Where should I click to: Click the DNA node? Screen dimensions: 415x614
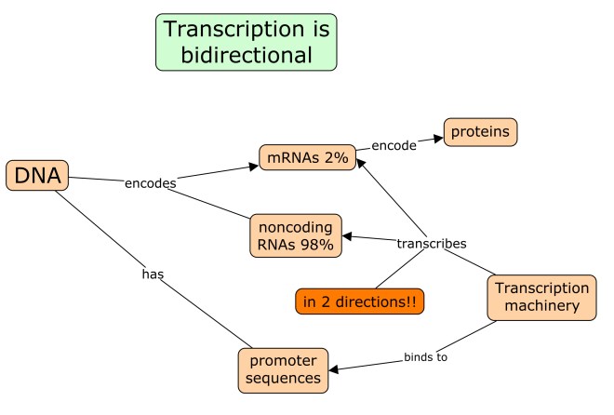(37, 175)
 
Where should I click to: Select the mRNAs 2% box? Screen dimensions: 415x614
(307, 157)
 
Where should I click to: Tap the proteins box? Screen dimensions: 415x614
(480, 132)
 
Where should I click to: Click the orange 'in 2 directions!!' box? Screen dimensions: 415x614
(359, 301)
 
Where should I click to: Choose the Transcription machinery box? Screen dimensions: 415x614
(541, 298)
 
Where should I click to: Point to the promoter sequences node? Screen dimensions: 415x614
(283, 368)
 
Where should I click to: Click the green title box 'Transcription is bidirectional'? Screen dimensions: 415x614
(246, 42)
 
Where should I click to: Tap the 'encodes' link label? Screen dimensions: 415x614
(151, 183)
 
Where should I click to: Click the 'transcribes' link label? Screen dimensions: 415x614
(431, 243)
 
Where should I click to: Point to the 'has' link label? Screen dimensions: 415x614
(153, 274)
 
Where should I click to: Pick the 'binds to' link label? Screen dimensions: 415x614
(426, 356)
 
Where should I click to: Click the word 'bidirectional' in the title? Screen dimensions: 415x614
(246, 55)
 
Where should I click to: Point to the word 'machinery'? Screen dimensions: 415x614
(541, 307)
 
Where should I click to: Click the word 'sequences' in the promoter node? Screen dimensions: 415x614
(283, 378)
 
